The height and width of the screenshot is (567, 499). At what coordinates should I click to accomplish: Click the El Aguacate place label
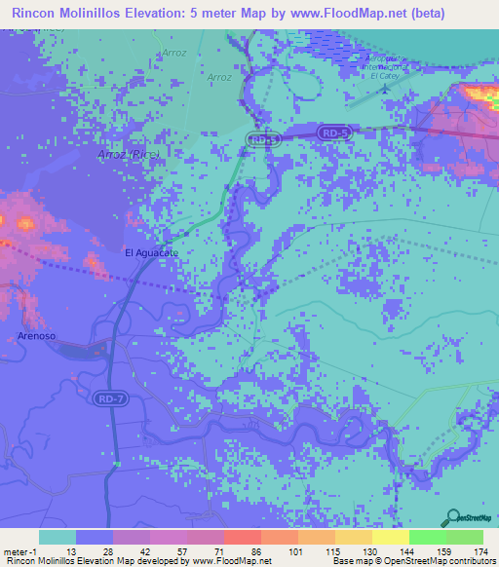coord(152,252)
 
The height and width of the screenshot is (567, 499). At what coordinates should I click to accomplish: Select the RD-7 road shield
coord(109,398)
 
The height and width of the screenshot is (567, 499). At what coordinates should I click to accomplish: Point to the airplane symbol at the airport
coord(385,90)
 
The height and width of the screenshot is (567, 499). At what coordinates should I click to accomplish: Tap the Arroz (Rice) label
coord(128,154)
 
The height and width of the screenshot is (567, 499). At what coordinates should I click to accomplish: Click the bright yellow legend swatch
coord(391,538)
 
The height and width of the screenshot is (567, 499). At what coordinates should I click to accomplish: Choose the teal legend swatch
coord(57,538)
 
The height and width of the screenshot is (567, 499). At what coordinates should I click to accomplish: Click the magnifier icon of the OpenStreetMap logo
coord(451,517)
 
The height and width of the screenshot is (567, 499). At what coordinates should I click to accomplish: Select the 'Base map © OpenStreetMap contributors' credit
coord(412,561)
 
